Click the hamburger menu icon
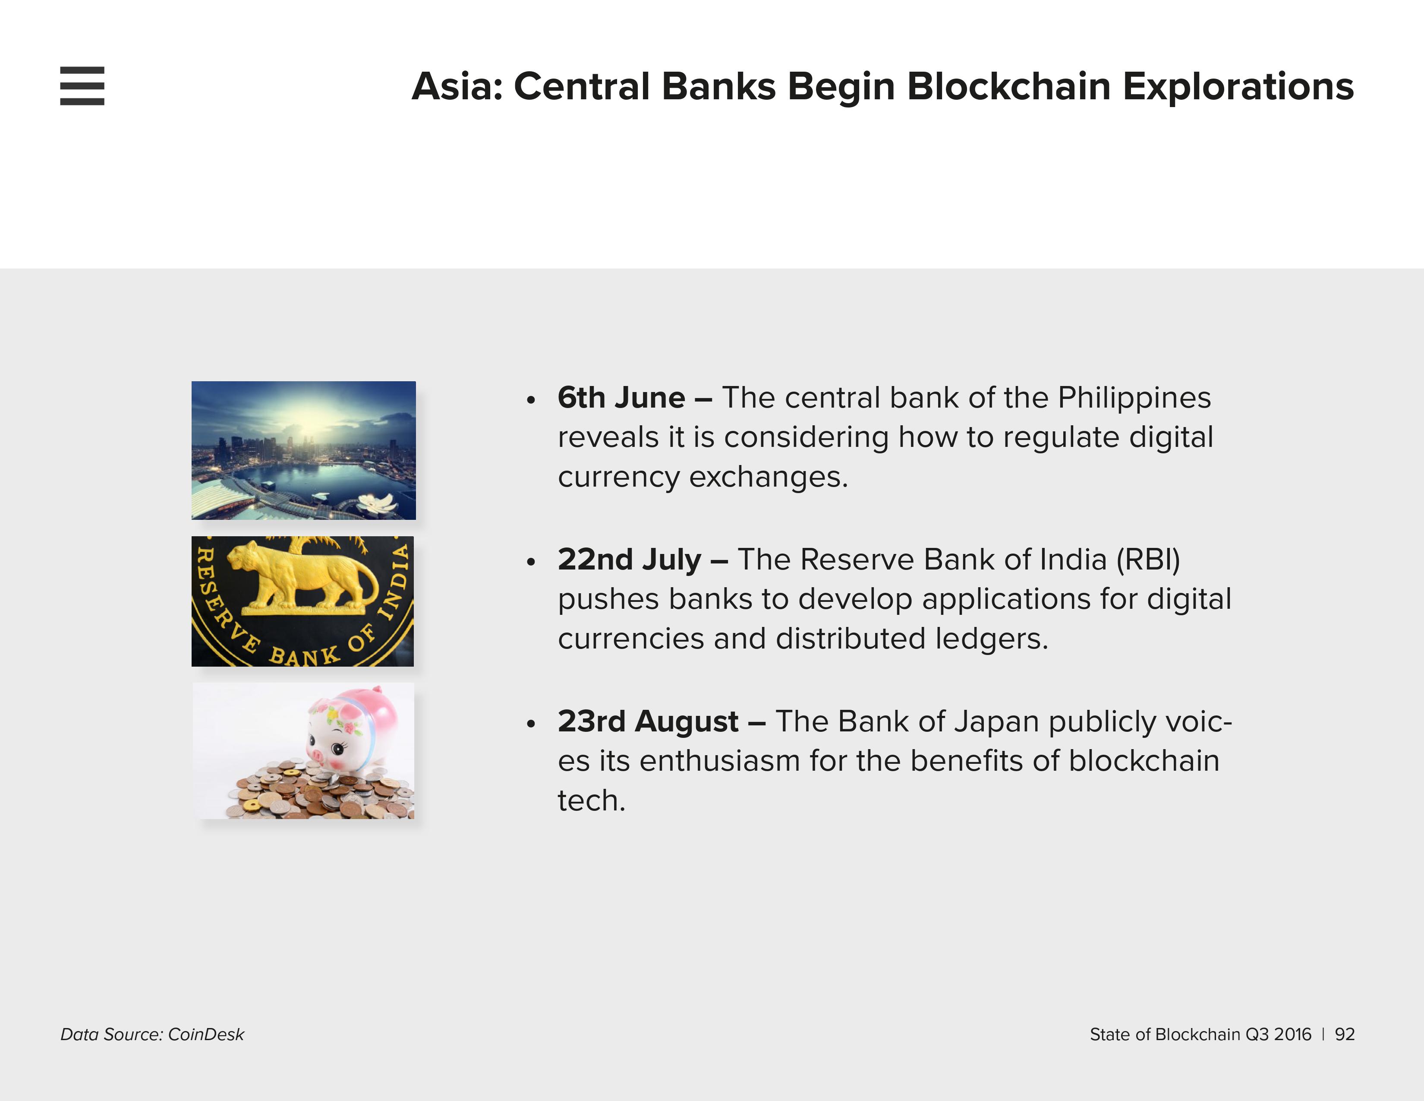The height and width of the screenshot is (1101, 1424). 82,85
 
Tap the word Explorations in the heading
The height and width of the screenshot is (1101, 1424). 1238,87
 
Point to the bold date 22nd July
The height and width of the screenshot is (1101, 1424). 629,559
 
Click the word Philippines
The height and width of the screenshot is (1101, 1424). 1134,398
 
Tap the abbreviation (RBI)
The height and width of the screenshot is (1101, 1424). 1148,560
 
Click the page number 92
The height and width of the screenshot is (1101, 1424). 1345,1035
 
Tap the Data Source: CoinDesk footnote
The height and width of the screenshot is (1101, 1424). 152,1035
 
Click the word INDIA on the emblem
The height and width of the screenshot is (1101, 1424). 395,580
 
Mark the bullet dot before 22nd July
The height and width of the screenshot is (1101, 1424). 531,562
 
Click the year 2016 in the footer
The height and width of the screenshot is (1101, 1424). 1292,1035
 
